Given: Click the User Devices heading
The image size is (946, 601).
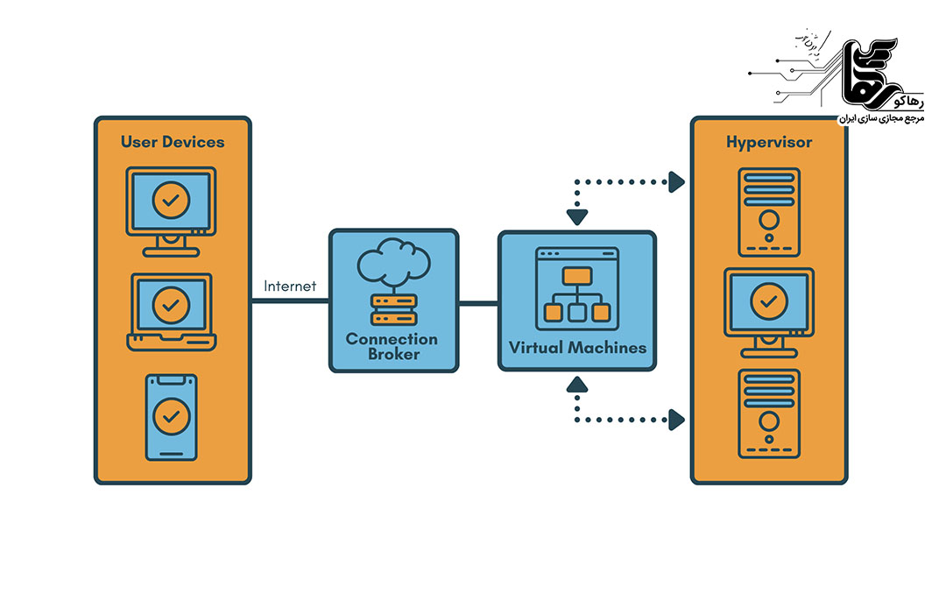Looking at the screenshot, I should pyautogui.click(x=173, y=142).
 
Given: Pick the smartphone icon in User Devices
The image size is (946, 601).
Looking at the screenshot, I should pyautogui.click(x=172, y=417).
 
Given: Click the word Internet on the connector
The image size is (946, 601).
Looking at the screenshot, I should pyautogui.click(x=290, y=286).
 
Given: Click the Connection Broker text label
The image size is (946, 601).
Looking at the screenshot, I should pyautogui.click(x=392, y=346).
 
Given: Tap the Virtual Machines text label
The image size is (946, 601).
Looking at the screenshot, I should pyautogui.click(x=577, y=348).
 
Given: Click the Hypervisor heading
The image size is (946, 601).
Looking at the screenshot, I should pyautogui.click(x=769, y=142).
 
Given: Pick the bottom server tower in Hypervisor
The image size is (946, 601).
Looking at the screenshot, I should pyautogui.click(x=768, y=414).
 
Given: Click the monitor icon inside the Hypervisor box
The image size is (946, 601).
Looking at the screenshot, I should pyautogui.click(x=768, y=308).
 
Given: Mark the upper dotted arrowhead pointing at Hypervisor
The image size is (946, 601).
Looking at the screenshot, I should pyautogui.click(x=676, y=182).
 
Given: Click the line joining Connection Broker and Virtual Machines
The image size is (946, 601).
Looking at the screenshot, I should pyautogui.click(x=478, y=303).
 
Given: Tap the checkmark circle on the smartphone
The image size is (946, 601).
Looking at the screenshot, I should pyautogui.click(x=172, y=413).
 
